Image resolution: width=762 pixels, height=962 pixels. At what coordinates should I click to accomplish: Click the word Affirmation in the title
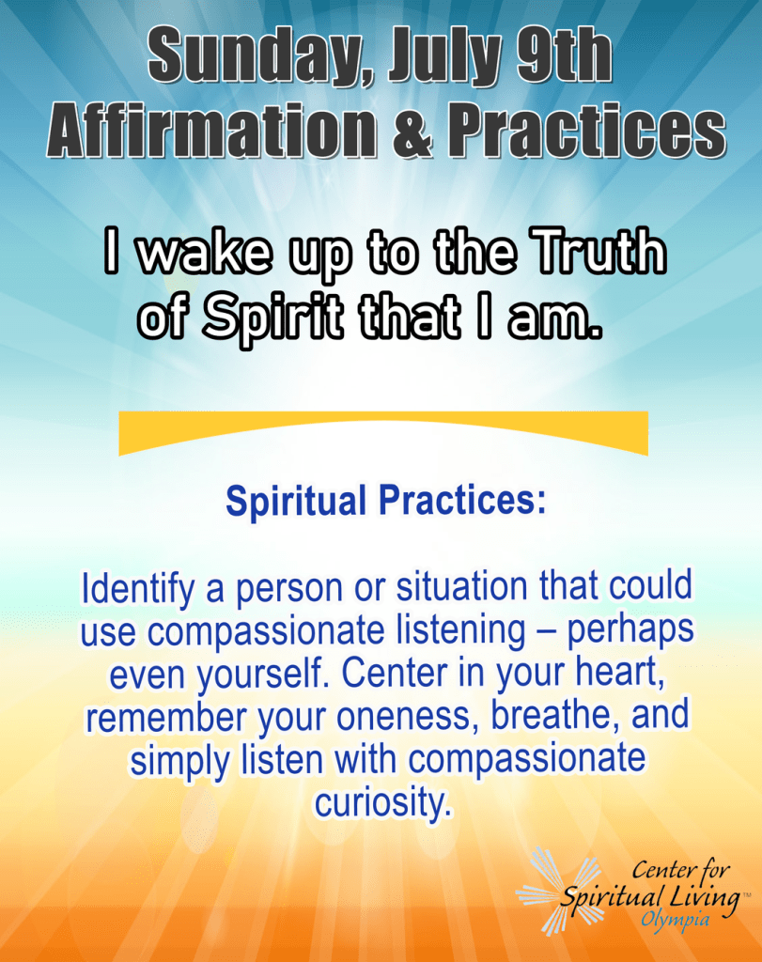point(212,129)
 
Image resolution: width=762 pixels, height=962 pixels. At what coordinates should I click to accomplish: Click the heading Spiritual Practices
point(385,502)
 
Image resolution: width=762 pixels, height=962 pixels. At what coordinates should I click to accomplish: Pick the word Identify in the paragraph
point(138,590)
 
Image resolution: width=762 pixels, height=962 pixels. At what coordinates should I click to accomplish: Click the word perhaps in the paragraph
point(630,630)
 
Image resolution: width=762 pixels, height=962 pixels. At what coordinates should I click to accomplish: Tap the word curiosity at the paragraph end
point(382,803)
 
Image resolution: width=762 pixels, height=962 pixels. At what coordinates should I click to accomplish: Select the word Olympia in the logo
point(676,920)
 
